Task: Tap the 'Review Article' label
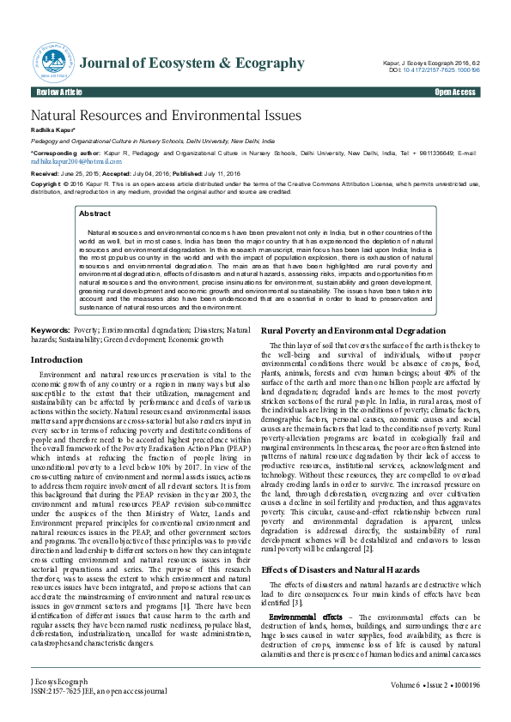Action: pyautogui.click(x=59, y=92)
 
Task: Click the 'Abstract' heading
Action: pyautogui.click(x=94, y=214)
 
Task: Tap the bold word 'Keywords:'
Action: pyautogui.click(x=50, y=330)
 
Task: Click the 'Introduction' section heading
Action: pyautogui.click(x=56, y=360)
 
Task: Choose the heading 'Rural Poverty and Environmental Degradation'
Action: pyautogui.click(x=353, y=331)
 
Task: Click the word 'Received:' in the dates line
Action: pyautogui.click(x=47, y=174)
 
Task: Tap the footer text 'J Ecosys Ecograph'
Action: pyautogui.click(x=64, y=681)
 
